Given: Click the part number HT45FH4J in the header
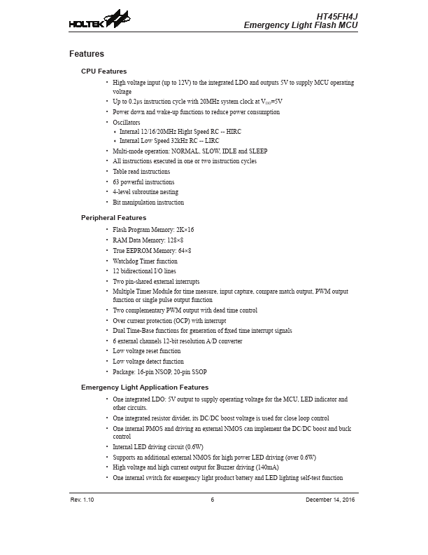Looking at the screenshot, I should point(337,15).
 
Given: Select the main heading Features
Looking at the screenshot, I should point(87,54).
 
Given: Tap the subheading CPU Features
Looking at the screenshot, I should point(104,71).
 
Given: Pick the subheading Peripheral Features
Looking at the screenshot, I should point(114,218).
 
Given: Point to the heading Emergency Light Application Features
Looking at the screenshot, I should point(145,388).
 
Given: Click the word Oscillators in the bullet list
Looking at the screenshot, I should point(127,123).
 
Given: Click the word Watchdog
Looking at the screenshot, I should point(127,261).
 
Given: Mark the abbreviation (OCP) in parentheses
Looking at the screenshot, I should point(183,321).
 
